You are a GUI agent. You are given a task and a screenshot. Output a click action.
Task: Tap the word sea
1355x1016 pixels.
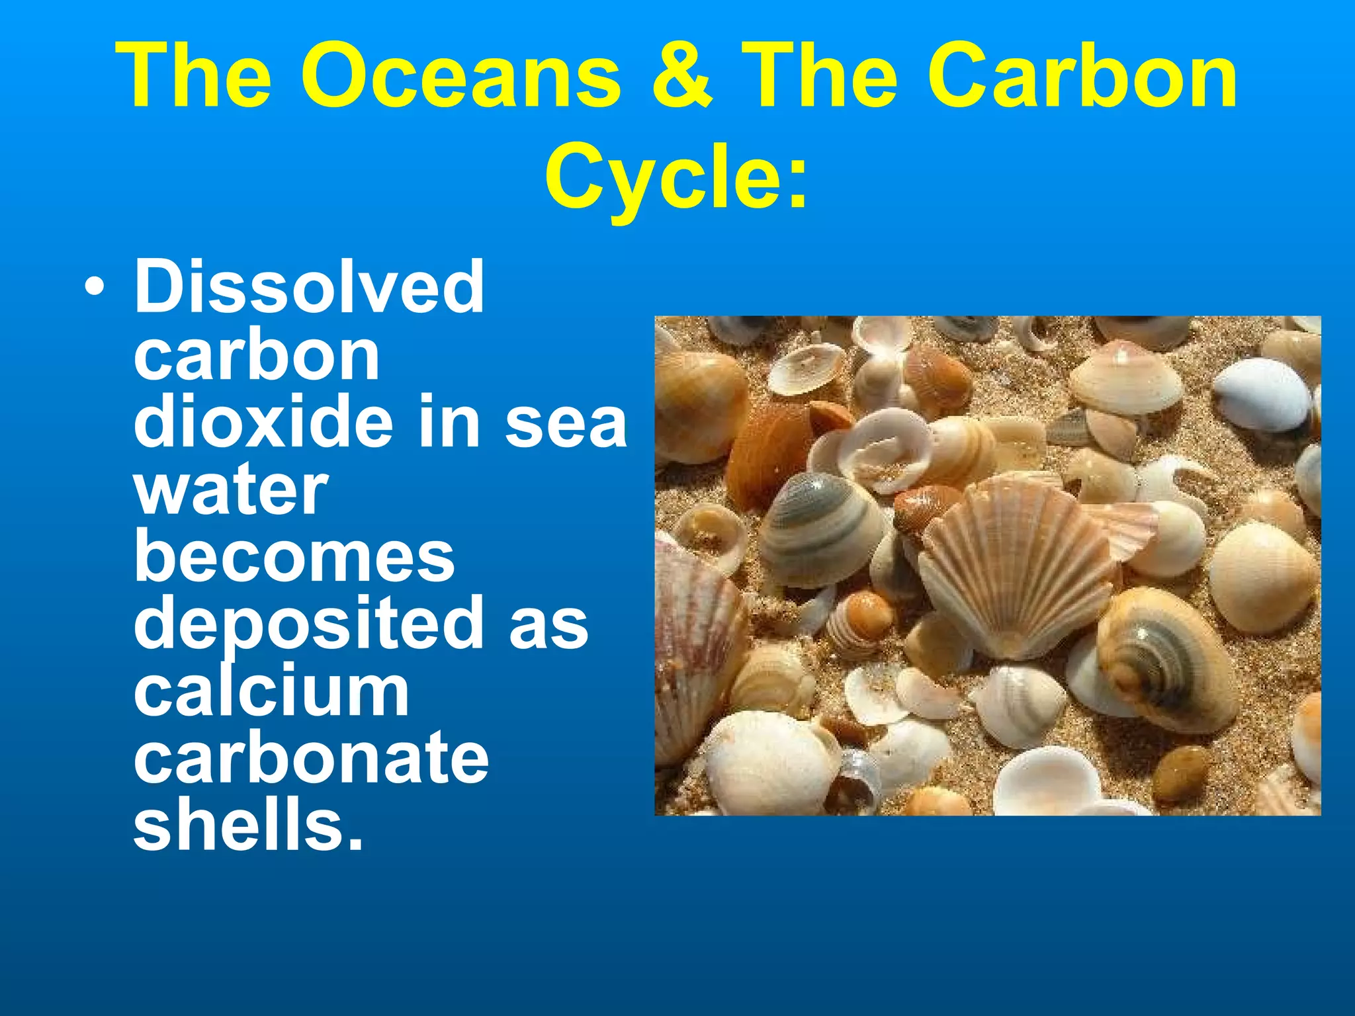pyautogui.click(x=566, y=423)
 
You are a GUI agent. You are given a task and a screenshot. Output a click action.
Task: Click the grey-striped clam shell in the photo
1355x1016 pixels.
pyautogui.click(x=820, y=529)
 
